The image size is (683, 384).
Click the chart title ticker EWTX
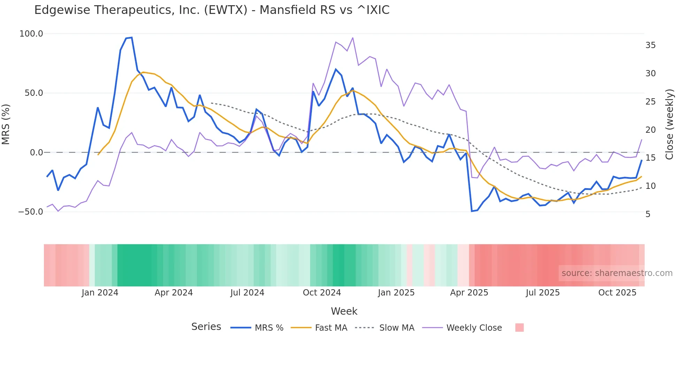pyautogui.click(x=225, y=10)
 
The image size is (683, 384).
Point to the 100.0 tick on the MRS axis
pyautogui.click(x=31, y=34)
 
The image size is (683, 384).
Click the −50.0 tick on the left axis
pyautogui.click(x=31, y=212)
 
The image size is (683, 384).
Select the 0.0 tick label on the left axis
pyautogui.click(x=36, y=152)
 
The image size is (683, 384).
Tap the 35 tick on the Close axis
pyautogui.click(x=650, y=45)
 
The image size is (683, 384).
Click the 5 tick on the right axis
pyautogui.click(x=648, y=214)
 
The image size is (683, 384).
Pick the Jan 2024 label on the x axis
pyautogui.click(x=100, y=293)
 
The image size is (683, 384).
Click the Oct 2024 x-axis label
pyautogui.click(x=322, y=293)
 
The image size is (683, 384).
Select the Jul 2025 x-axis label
pyautogui.click(x=543, y=293)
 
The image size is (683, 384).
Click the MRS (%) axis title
pyautogui.click(x=6, y=124)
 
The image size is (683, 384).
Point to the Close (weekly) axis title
pyautogui.click(x=669, y=124)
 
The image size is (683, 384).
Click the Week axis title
pyautogui.click(x=344, y=311)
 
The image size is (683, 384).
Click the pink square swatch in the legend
pyautogui.click(x=519, y=328)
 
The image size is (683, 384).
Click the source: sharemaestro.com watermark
pyautogui.click(x=617, y=273)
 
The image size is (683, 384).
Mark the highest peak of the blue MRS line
pyautogui.click(x=131, y=38)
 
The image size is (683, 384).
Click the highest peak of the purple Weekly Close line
pyautogui.click(x=353, y=38)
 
